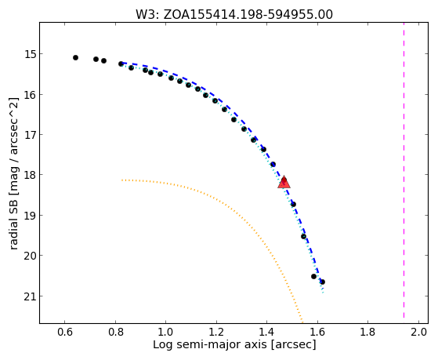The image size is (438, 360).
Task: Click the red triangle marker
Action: coord(284,183)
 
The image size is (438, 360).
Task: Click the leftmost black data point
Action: coord(75,57)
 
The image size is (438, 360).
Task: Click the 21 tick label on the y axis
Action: coord(28,296)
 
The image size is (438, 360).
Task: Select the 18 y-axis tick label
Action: coord(28,175)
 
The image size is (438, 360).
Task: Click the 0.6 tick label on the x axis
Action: coord(65,332)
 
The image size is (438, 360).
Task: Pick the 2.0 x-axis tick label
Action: coord(418,332)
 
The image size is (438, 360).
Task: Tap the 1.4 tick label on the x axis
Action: coord(266,332)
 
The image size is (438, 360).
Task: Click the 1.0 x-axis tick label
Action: coord(166,332)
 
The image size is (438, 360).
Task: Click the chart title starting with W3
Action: coord(234,14)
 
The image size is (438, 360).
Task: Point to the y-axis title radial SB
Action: coord(13,173)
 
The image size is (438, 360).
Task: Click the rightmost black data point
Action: coord(322,282)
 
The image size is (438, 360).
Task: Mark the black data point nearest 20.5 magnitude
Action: coord(313,276)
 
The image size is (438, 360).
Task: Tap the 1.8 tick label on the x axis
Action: coord(368,332)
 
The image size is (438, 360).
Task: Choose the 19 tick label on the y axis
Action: coord(28,216)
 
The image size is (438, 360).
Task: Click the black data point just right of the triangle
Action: coord(293,204)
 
